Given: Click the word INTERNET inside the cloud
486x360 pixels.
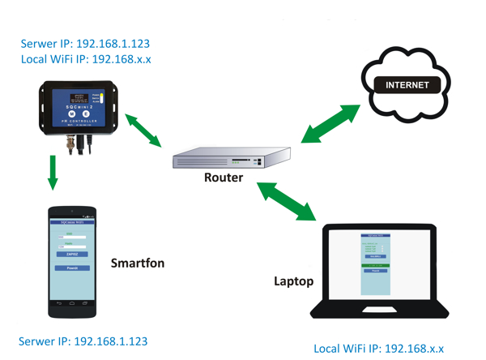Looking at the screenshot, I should [407, 85].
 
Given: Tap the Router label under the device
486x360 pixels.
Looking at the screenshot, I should [223, 177].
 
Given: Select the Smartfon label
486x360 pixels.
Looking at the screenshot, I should [137, 264].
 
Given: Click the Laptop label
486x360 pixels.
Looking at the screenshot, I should [293, 282].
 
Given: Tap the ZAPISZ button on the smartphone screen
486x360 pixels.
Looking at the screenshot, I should [71, 254].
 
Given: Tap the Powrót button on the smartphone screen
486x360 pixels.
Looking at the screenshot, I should [71, 268].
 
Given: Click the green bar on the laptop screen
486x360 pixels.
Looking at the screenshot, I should [375, 264].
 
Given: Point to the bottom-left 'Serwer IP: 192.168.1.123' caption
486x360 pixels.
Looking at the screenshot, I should [83, 341].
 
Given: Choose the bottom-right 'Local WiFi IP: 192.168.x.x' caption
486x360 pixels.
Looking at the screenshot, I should [378, 348].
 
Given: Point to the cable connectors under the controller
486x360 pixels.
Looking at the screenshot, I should [79, 141].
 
